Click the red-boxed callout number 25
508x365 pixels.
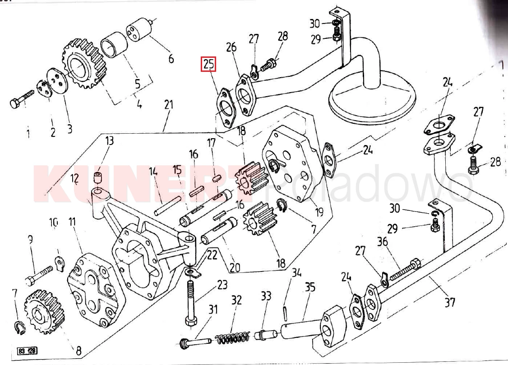209,65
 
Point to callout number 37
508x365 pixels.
449,301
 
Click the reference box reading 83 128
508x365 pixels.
28,351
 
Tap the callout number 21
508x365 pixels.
168,105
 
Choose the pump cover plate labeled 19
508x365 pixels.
296,163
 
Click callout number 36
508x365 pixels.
383,242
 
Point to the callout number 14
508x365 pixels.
153,171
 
